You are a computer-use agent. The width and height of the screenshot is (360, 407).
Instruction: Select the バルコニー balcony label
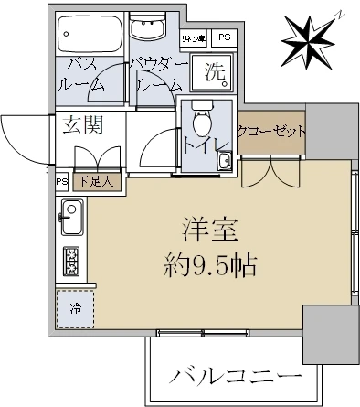click(236, 376)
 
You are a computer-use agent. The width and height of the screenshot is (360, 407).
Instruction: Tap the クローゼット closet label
click(270, 132)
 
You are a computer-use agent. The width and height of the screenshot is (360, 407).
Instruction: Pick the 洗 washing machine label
click(214, 72)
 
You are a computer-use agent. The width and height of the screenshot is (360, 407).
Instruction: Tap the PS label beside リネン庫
click(224, 37)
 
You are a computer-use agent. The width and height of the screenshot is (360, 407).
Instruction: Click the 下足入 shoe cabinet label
click(95, 181)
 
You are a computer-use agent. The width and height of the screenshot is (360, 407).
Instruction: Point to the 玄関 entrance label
click(83, 127)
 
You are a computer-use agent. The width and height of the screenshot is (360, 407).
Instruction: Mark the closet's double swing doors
click(272, 168)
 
